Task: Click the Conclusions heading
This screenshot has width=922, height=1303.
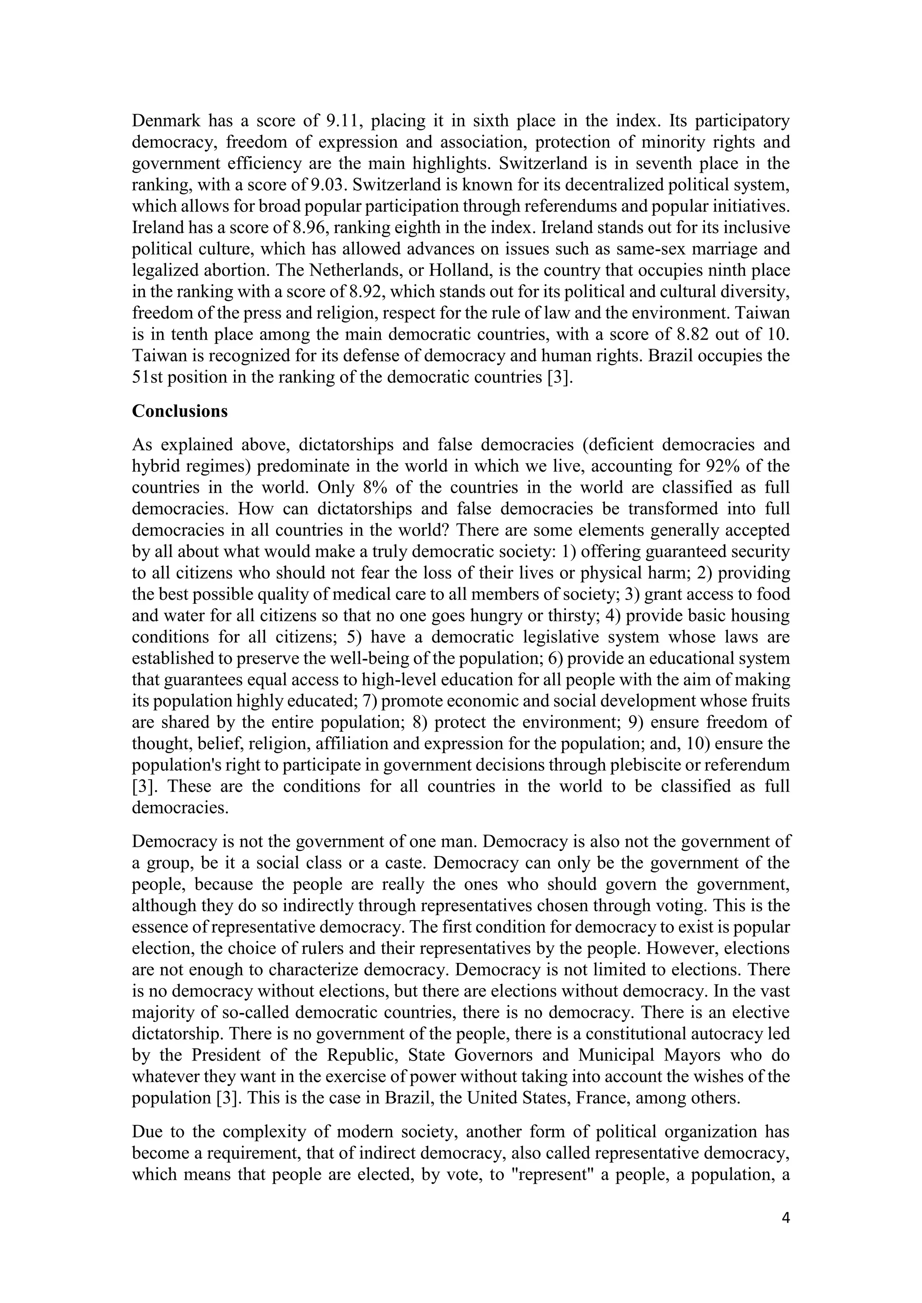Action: click(180, 411)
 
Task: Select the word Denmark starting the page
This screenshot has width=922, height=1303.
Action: click(165, 121)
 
